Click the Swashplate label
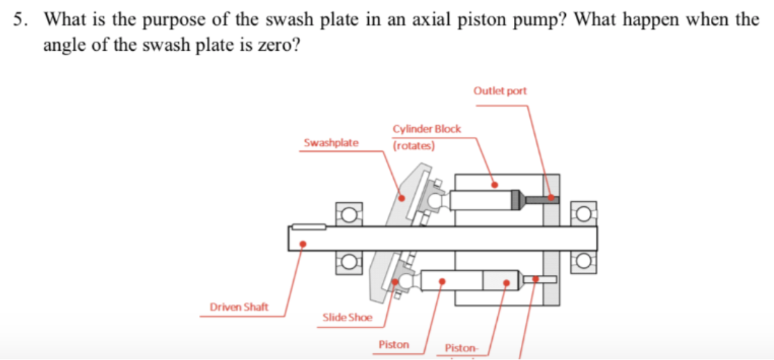coord(331,142)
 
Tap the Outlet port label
coord(500,91)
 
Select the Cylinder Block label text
coord(426,129)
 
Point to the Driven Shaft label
coord(239,306)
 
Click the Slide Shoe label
coord(347,317)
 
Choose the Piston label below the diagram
coord(393,344)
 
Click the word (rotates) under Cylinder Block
coord(413,146)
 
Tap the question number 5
coord(19,19)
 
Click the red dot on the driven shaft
coord(303,244)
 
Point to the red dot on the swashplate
coord(402,197)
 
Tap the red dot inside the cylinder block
coord(495,184)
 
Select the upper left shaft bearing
coord(349,214)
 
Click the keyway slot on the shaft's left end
coord(308,226)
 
